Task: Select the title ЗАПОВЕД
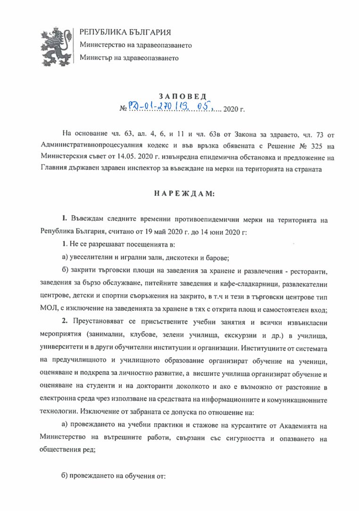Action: [179, 97]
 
